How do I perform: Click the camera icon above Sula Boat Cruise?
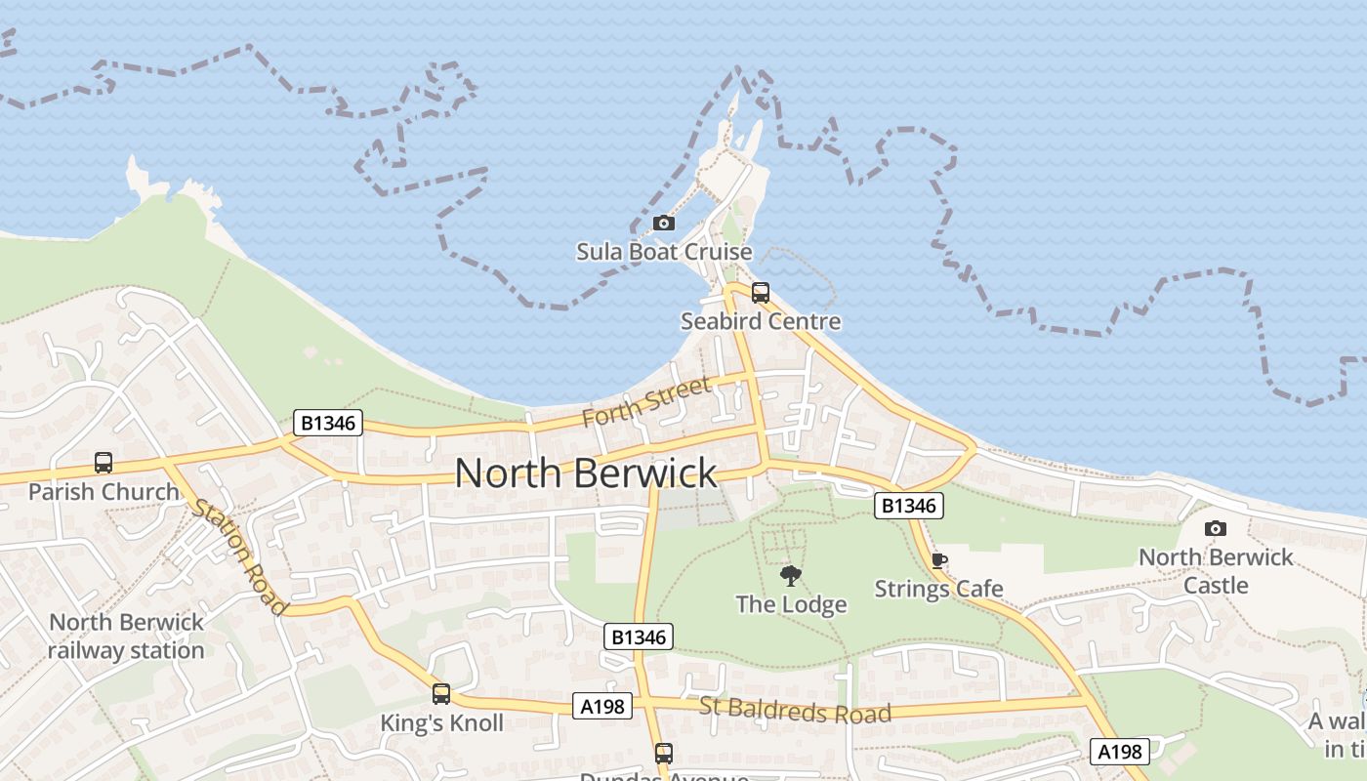point(664,223)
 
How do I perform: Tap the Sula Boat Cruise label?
point(664,252)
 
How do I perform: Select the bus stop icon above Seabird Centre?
point(761,292)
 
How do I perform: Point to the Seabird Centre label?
point(761,321)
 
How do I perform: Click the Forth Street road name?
point(646,401)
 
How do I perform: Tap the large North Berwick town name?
point(586,473)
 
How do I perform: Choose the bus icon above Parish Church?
point(104,462)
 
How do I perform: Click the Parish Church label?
point(104,491)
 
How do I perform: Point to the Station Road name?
point(240,557)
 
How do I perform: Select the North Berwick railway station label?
point(126,636)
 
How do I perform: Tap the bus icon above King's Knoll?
point(441,694)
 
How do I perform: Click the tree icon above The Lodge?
point(791,576)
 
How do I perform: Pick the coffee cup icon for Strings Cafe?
point(938,560)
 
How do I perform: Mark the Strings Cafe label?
point(938,589)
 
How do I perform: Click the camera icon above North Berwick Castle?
point(1216,528)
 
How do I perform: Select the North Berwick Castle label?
point(1216,571)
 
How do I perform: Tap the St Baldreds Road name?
point(795,710)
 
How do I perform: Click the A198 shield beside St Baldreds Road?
point(601,706)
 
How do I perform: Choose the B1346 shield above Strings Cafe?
point(908,505)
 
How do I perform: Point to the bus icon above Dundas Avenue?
point(664,753)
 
